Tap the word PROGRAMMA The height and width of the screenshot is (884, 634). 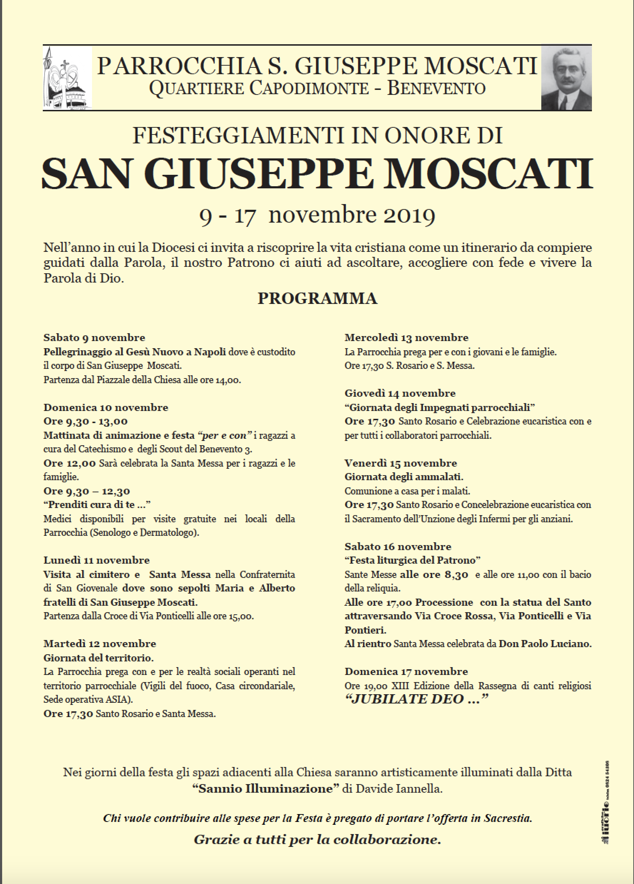(317, 299)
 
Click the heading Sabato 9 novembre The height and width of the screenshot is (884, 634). (94, 337)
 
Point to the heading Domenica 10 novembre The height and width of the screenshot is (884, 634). (106, 407)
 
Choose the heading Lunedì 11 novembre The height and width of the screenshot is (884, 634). (97, 560)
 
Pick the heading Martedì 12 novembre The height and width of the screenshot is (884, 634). (100, 644)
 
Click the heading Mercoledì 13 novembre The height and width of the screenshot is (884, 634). (407, 337)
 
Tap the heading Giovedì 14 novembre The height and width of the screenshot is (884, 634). (400, 393)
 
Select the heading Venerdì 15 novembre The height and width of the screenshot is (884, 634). (400, 463)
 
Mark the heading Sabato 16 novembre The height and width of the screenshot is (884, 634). (398, 547)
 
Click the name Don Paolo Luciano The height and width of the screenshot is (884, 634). (545, 644)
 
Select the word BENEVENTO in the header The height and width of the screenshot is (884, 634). (436, 88)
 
